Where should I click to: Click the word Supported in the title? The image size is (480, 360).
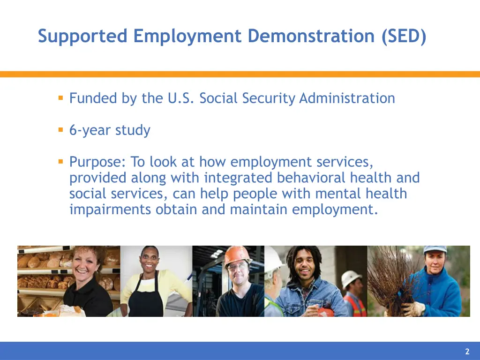[82, 36]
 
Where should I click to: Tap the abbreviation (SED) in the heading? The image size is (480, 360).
[404, 36]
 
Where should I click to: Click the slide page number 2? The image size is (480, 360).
[467, 352]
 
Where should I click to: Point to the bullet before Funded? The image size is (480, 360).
[60, 98]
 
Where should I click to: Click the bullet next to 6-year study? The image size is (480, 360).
[60, 130]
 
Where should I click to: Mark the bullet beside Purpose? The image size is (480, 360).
[60, 162]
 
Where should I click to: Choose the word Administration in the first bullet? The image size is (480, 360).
[347, 98]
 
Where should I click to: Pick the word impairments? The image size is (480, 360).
[110, 210]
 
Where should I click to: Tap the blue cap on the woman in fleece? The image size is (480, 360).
[435, 249]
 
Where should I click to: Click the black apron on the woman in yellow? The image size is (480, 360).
[145, 300]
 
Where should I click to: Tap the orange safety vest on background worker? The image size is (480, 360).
[355, 305]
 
